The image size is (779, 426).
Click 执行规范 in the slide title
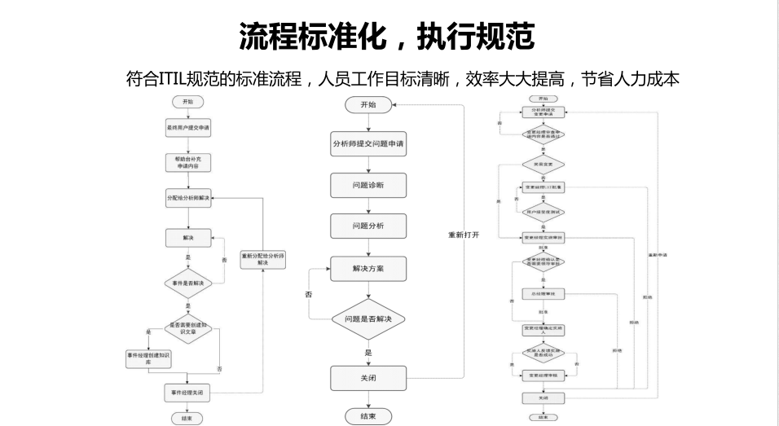coord(476,36)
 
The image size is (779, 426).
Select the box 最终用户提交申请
coord(188,128)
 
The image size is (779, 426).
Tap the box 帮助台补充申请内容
coord(188,161)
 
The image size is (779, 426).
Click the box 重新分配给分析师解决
coord(262,259)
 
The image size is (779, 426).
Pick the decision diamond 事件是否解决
coord(188,283)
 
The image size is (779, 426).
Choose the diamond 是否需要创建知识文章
coord(188,328)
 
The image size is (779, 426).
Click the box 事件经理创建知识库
coord(148,358)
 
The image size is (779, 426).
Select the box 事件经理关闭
coord(188,393)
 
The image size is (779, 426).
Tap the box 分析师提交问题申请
coord(368,143)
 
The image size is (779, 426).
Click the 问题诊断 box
coord(368,185)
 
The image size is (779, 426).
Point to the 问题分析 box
coord(368,225)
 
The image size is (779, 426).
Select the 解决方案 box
coord(368,268)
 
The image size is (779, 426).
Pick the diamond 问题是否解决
coord(368,319)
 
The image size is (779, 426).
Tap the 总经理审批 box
coord(543,293)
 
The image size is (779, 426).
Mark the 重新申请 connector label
coord(658,255)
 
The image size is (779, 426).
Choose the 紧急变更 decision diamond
coord(543,163)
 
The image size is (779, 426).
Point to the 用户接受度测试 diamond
coord(543,212)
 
